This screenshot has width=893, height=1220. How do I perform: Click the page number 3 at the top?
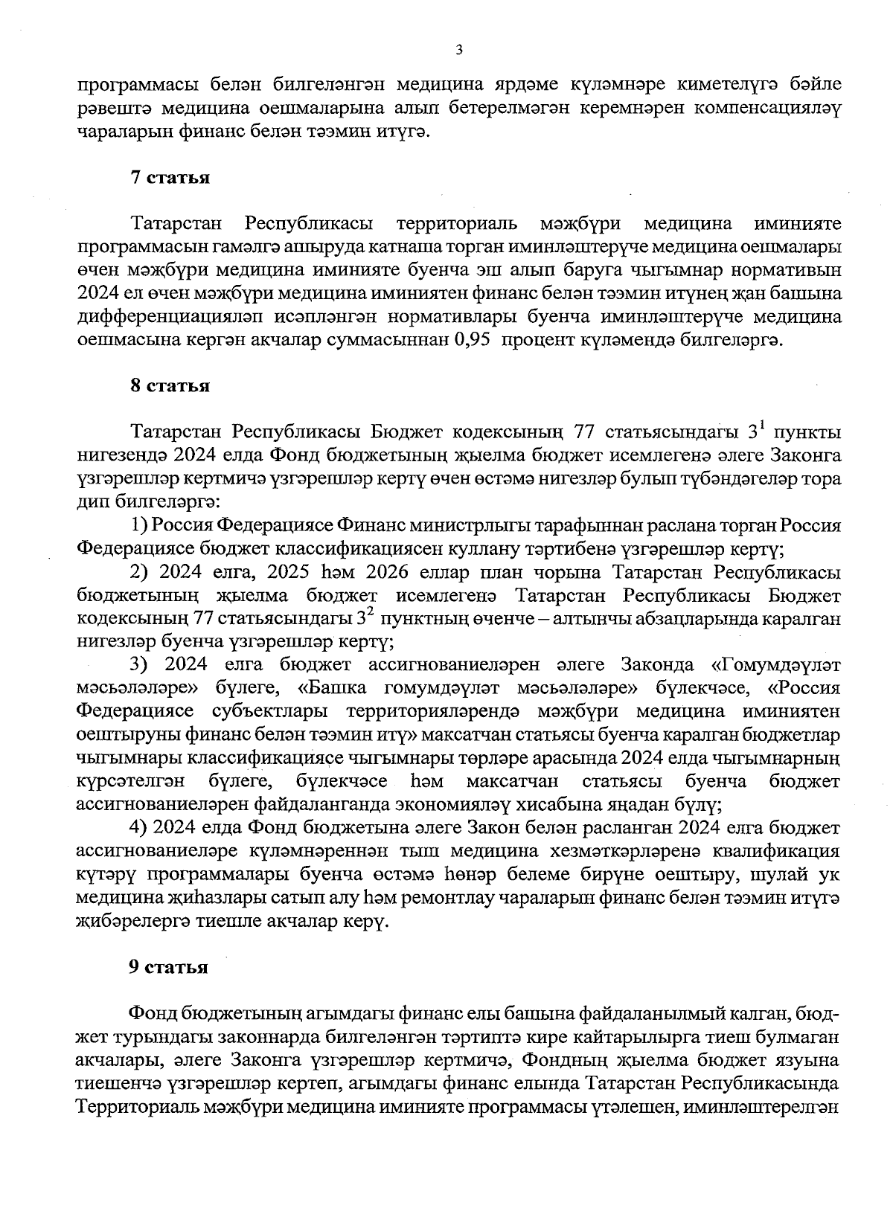(458, 51)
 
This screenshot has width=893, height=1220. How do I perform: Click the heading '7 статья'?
(170, 178)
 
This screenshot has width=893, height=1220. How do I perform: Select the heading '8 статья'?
(170, 386)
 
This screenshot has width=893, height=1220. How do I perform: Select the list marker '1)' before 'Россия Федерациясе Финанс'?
(140, 526)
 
